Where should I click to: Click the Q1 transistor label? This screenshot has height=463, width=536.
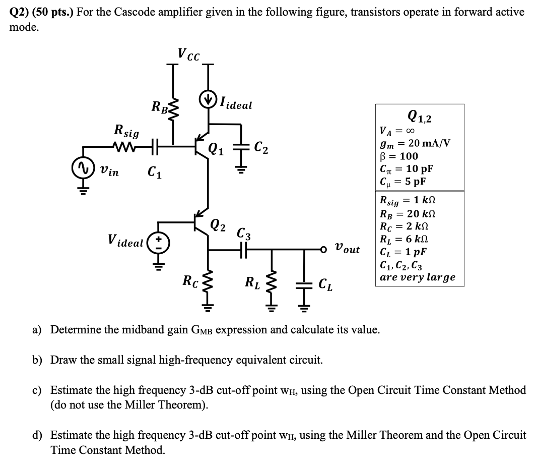(x=216, y=149)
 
